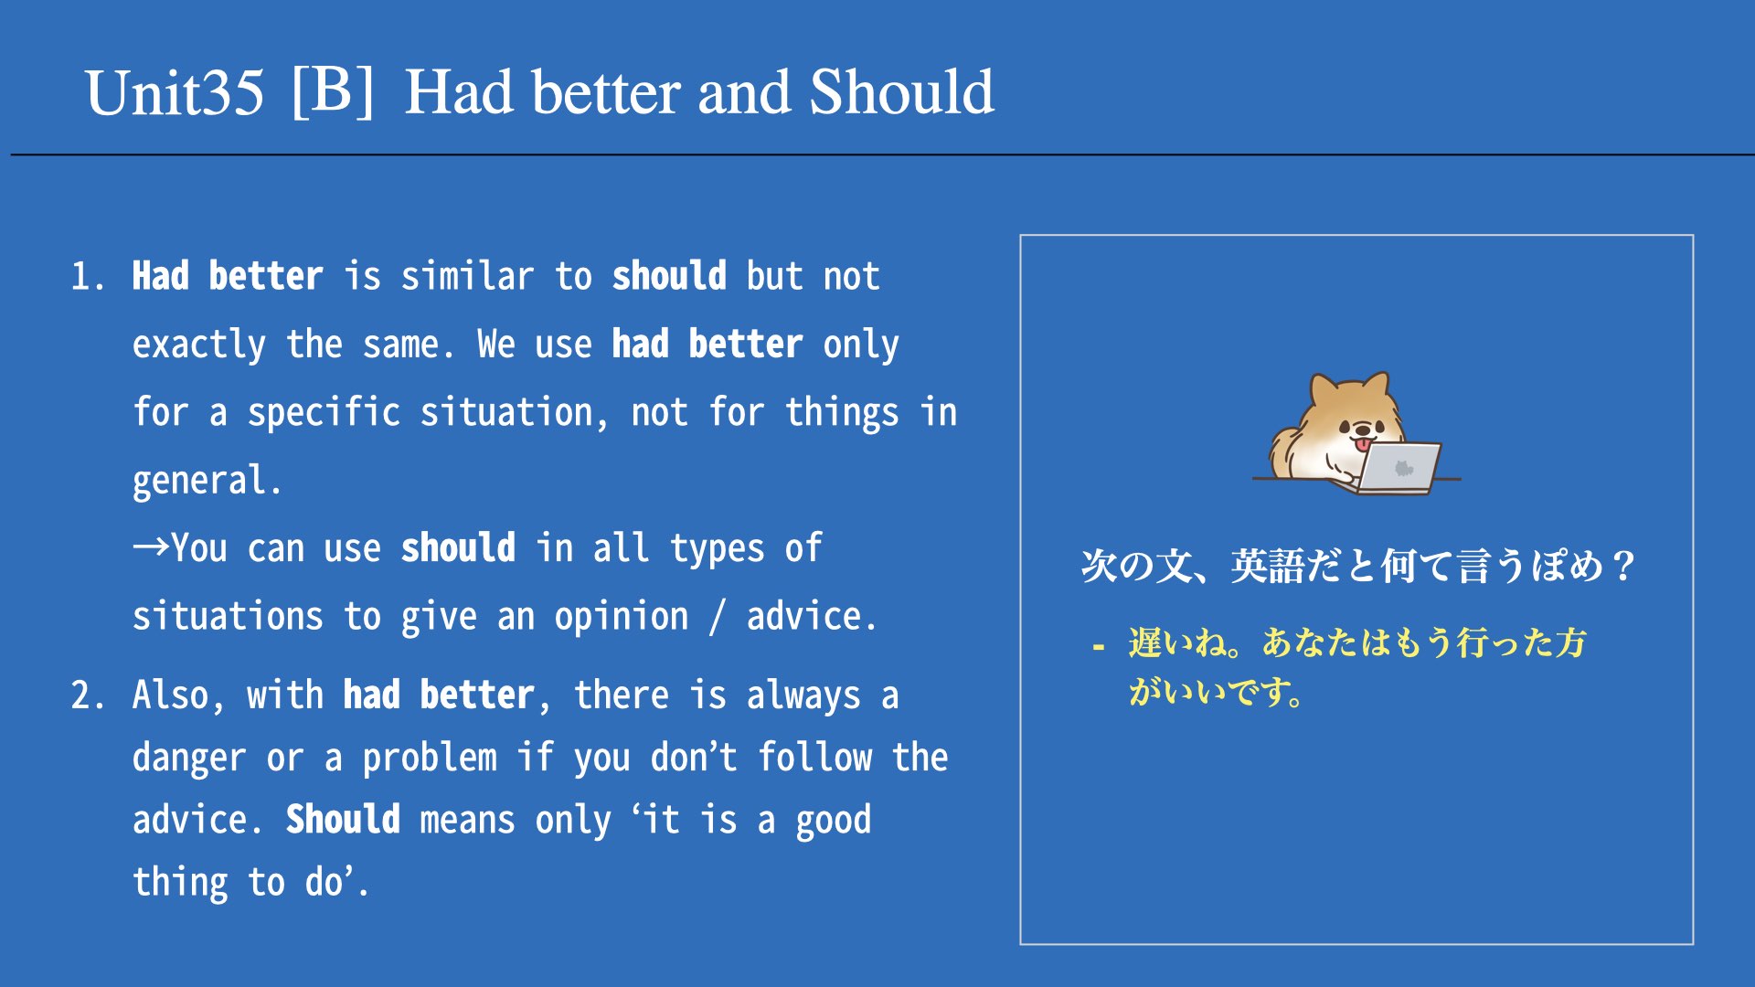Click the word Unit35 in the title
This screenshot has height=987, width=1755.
175,93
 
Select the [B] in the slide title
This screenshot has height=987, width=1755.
333,91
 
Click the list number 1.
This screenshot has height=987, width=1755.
87,277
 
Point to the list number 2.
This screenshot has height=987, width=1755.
87,695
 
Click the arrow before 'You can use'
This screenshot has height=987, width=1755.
151,547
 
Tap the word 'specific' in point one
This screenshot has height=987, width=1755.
324,413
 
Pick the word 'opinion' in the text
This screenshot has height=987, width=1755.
622,618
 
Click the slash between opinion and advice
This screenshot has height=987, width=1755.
718,617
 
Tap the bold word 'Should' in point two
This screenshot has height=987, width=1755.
343,820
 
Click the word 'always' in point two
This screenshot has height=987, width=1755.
803,696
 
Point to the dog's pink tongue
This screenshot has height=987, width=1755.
1363,444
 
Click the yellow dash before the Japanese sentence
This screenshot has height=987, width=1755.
1098,647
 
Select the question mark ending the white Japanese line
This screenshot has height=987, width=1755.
1623,567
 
